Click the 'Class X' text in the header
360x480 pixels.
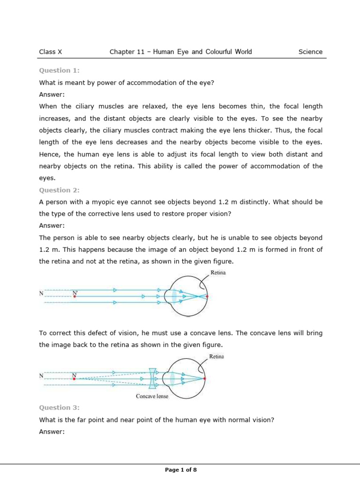pyautogui.click(x=51, y=52)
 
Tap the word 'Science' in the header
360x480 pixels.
pyautogui.click(x=310, y=52)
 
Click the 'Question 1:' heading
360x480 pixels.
pyautogui.click(x=59, y=70)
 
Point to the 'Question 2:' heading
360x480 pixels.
pyautogui.click(x=59, y=190)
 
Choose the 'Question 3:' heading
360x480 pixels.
pyautogui.click(x=59, y=408)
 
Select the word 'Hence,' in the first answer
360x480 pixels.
pyautogui.click(x=50, y=154)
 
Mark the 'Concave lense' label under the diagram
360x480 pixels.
pyautogui.click(x=152, y=396)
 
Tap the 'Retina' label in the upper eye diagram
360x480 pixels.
pyautogui.click(x=218, y=272)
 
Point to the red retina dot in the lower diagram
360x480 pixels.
pyautogui.click(x=205, y=378)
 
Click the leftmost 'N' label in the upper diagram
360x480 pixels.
pyautogui.click(x=41, y=294)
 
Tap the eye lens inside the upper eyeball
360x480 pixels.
pyautogui.click(x=174, y=296)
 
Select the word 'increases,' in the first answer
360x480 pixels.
pyautogui.click(x=55, y=119)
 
